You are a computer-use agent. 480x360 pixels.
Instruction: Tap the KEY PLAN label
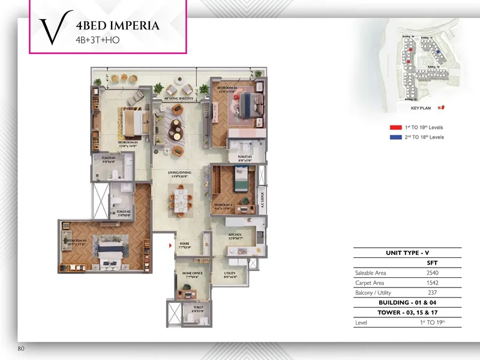point(421,108)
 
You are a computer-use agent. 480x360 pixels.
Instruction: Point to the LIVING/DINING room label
point(179,174)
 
